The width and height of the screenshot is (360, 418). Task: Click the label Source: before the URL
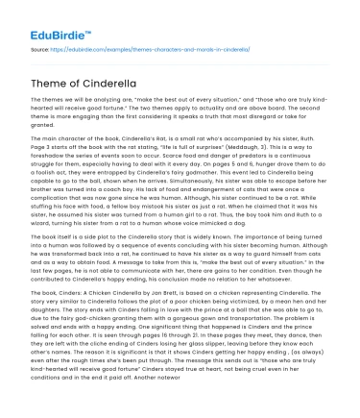pos(40,46)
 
